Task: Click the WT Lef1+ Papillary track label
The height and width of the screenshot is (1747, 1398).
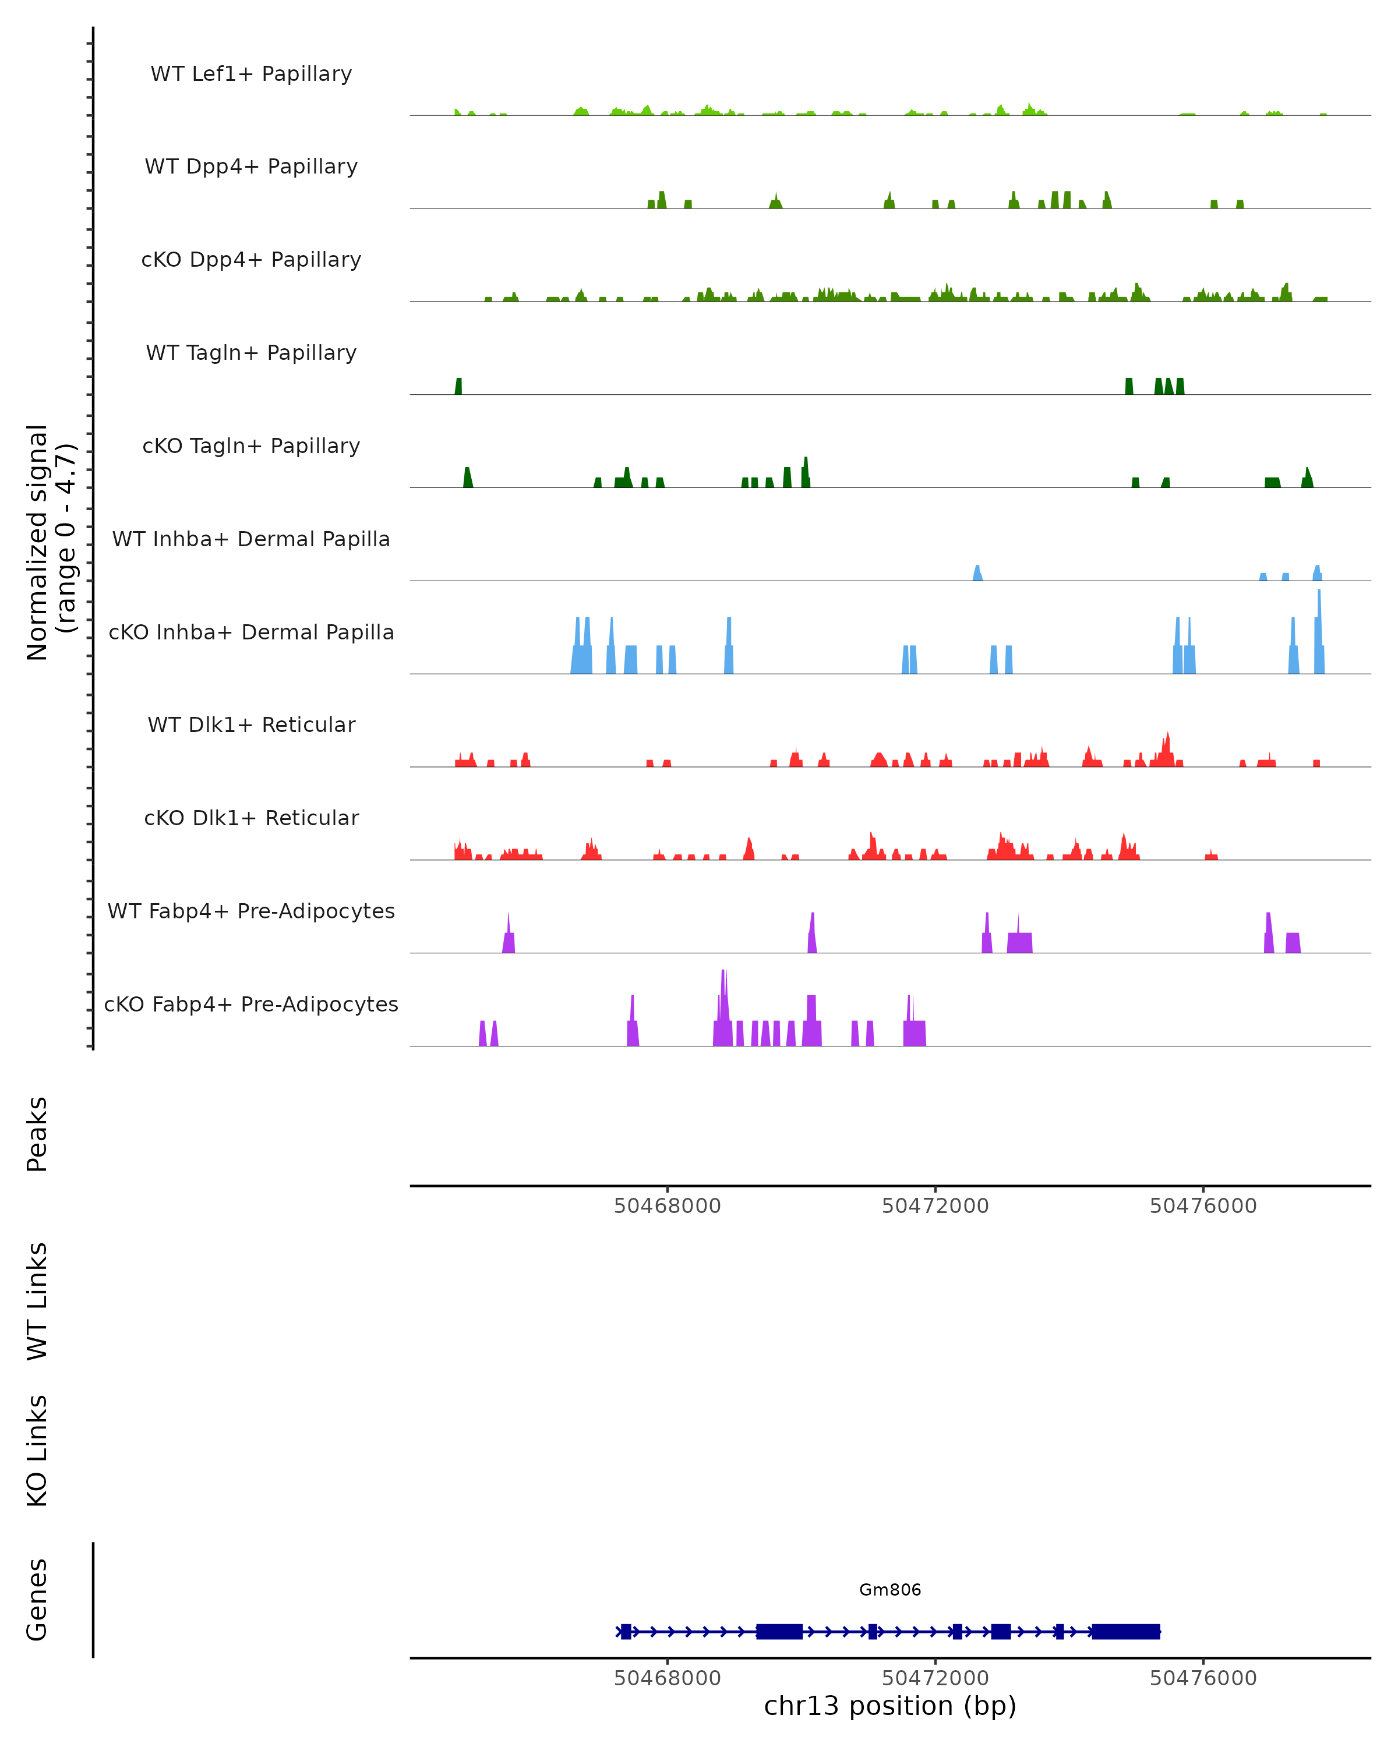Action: coord(251,74)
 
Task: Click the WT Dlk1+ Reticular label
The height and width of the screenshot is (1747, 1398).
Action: coord(251,724)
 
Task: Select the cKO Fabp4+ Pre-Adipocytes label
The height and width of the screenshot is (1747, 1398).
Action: coord(251,1004)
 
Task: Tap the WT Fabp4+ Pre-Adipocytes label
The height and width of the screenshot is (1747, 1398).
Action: coord(251,911)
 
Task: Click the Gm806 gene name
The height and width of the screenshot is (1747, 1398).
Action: coord(890,1590)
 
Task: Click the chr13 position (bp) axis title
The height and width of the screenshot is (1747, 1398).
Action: coord(890,1706)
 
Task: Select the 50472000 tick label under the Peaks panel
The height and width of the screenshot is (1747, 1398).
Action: coord(935,1206)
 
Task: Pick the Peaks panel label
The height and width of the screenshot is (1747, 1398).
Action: coord(37,1134)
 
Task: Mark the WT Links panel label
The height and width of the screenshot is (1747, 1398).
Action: coord(37,1300)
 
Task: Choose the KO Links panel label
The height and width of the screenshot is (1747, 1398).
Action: coord(37,1451)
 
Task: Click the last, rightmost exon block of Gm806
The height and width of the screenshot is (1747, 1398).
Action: coord(1126,1631)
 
